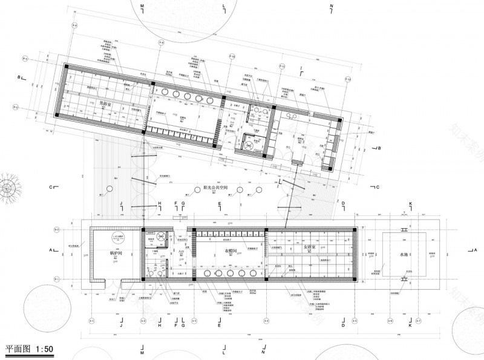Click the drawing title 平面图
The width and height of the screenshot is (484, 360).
(x=18, y=350)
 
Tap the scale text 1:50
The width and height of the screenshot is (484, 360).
(x=45, y=350)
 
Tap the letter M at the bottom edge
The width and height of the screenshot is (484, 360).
(x=142, y=352)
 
